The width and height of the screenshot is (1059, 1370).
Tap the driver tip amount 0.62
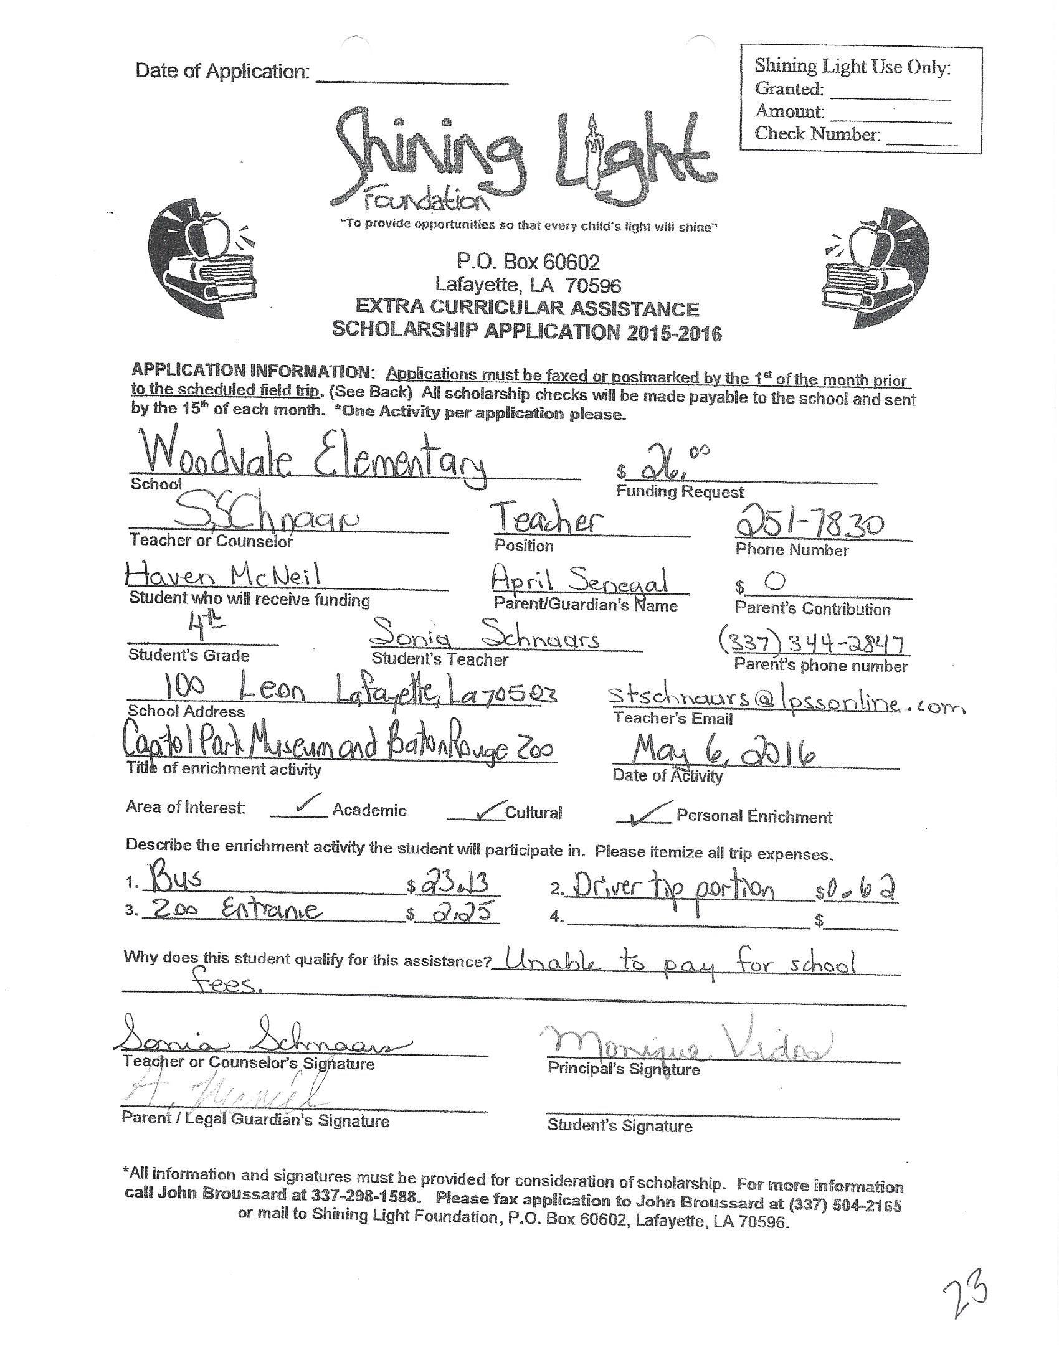tap(859, 887)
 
